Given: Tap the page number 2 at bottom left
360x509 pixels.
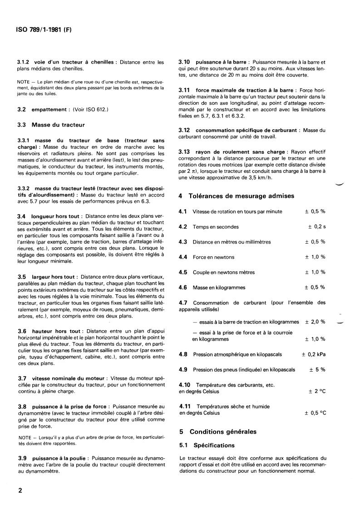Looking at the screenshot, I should click(x=20, y=490).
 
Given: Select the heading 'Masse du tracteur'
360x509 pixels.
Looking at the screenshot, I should click(x=58, y=124).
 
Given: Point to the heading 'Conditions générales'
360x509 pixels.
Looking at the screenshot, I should click(x=223, y=432).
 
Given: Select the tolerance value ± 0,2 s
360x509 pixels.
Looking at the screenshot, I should click(x=317, y=226).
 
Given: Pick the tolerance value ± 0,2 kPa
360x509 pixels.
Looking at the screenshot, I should click(x=314, y=354).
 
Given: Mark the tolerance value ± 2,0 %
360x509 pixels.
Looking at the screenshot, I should click(x=315, y=322).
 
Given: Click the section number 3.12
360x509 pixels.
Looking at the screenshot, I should click(x=185, y=130).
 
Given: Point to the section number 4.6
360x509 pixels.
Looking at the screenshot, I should click(x=183, y=287).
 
